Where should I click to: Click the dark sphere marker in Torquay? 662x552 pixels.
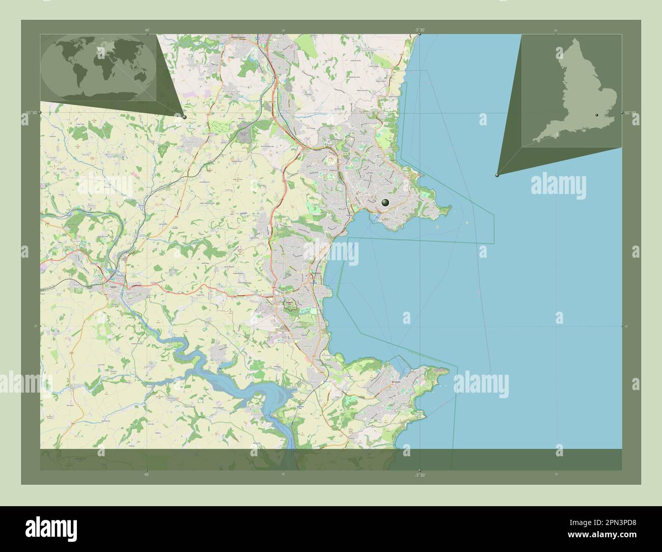(385, 203)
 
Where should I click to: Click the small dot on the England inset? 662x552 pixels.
(596, 116)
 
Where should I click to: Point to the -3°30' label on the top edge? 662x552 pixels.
(419, 30)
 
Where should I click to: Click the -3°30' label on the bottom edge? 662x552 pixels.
(419, 475)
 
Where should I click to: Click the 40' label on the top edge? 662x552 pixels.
(147, 30)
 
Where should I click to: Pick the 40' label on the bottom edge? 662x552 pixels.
(147, 475)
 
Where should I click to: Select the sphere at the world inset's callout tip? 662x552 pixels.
(184, 117)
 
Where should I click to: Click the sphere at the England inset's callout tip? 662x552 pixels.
(497, 175)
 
